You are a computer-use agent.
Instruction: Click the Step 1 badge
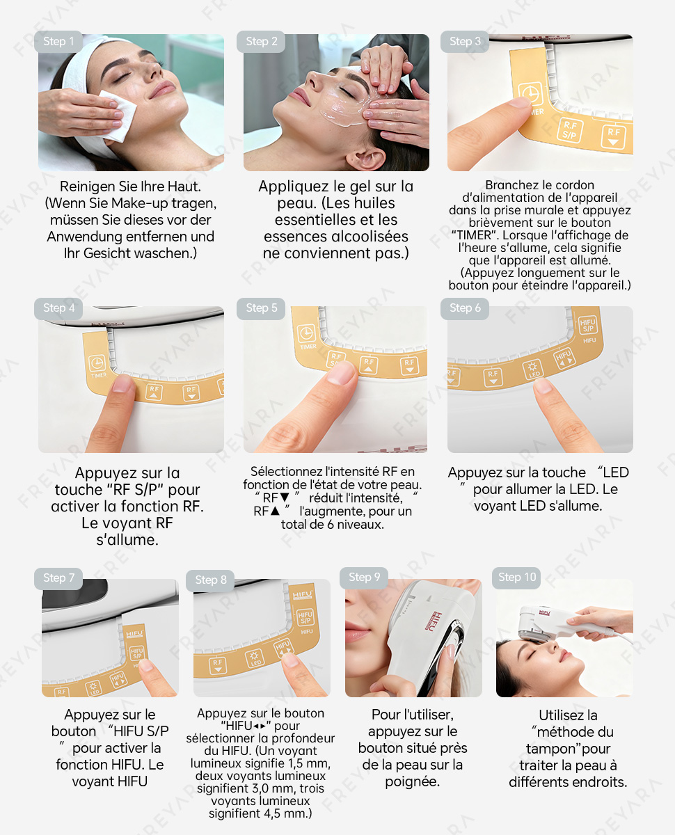[x=58, y=42]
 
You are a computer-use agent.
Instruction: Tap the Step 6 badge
[x=465, y=308]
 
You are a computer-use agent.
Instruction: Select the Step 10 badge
[x=516, y=578]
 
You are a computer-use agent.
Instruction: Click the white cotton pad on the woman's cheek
[x=117, y=116]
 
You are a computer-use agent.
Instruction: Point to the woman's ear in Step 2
[x=366, y=159]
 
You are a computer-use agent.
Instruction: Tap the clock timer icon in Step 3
[x=530, y=94]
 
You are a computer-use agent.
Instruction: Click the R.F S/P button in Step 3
[x=570, y=130]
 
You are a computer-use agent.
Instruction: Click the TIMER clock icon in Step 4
[x=97, y=363]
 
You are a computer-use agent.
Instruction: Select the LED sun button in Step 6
[x=532, y=369]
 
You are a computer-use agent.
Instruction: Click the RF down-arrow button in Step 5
[x=410, y=365]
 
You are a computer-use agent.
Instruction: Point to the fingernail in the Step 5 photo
[x=341, y=373]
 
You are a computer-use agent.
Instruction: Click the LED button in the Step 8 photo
[x=255, y=659]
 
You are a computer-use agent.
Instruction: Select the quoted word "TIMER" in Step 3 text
[x=475, y=236]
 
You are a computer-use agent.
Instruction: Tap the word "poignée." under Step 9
[x=413, y=782]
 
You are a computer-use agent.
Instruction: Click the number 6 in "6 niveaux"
[x=331, y=525]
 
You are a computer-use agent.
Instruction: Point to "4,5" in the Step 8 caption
[x=272, y=813]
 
